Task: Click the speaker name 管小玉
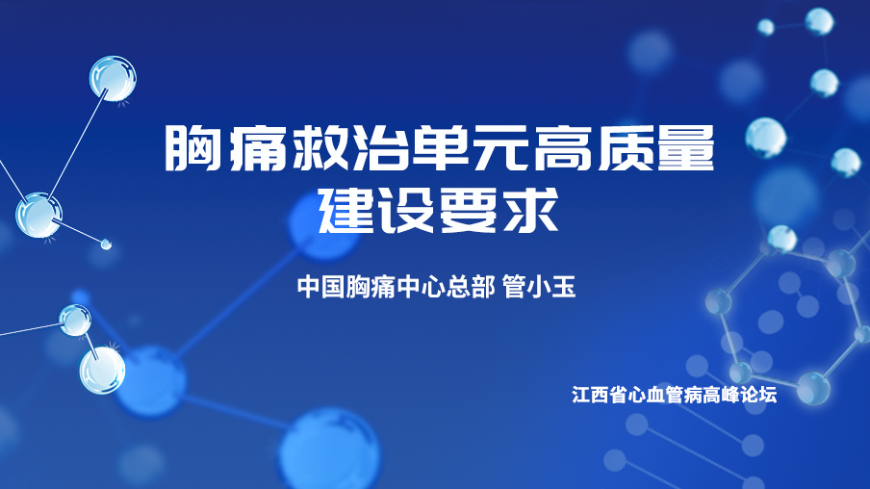[539, 287]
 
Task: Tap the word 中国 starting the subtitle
[321, 287]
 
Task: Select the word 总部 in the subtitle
[471, 287]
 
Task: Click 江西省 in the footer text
[600, 395]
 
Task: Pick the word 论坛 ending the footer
[758, 395]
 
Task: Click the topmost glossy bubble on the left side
[113, 78]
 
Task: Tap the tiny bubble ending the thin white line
[106, 244]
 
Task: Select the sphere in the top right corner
[819, 21]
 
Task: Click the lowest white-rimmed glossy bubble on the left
[102, 370]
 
